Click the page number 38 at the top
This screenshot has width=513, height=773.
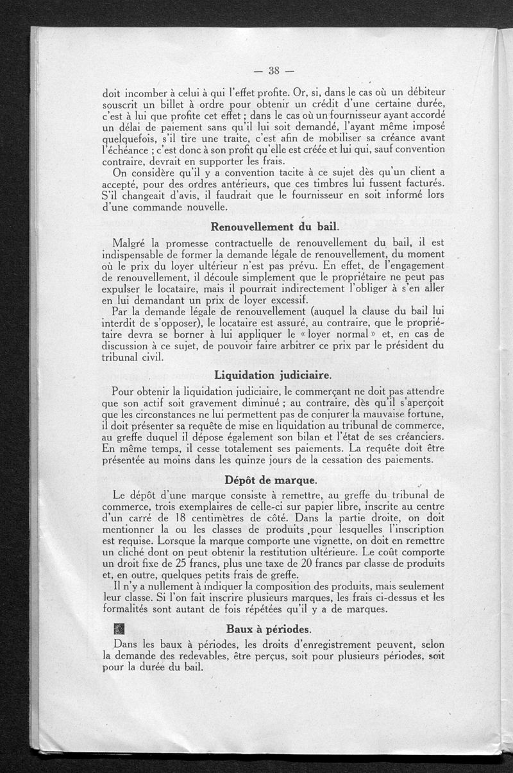[x=272, y=70]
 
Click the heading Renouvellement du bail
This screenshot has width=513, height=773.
[x=275, y=227]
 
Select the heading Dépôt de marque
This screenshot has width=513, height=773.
[x=271, y=480]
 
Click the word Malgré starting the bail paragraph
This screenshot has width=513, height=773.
[x=131, y=243]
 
